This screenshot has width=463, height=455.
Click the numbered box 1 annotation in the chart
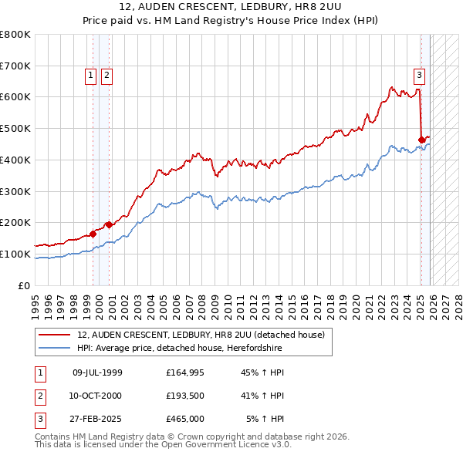(x=91, y=75)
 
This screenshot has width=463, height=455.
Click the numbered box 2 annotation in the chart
(x=106, y=75)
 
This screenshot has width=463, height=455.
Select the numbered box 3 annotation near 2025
(x=419, y=75)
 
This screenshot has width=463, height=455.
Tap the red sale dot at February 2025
(x=421, y=140)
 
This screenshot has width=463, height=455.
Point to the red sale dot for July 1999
(x=93, y=233)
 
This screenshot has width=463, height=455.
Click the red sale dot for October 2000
(x=109, y=224)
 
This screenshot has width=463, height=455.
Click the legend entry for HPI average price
(x=179, y=349)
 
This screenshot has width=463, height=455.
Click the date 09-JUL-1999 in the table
(x=97, y=372)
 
